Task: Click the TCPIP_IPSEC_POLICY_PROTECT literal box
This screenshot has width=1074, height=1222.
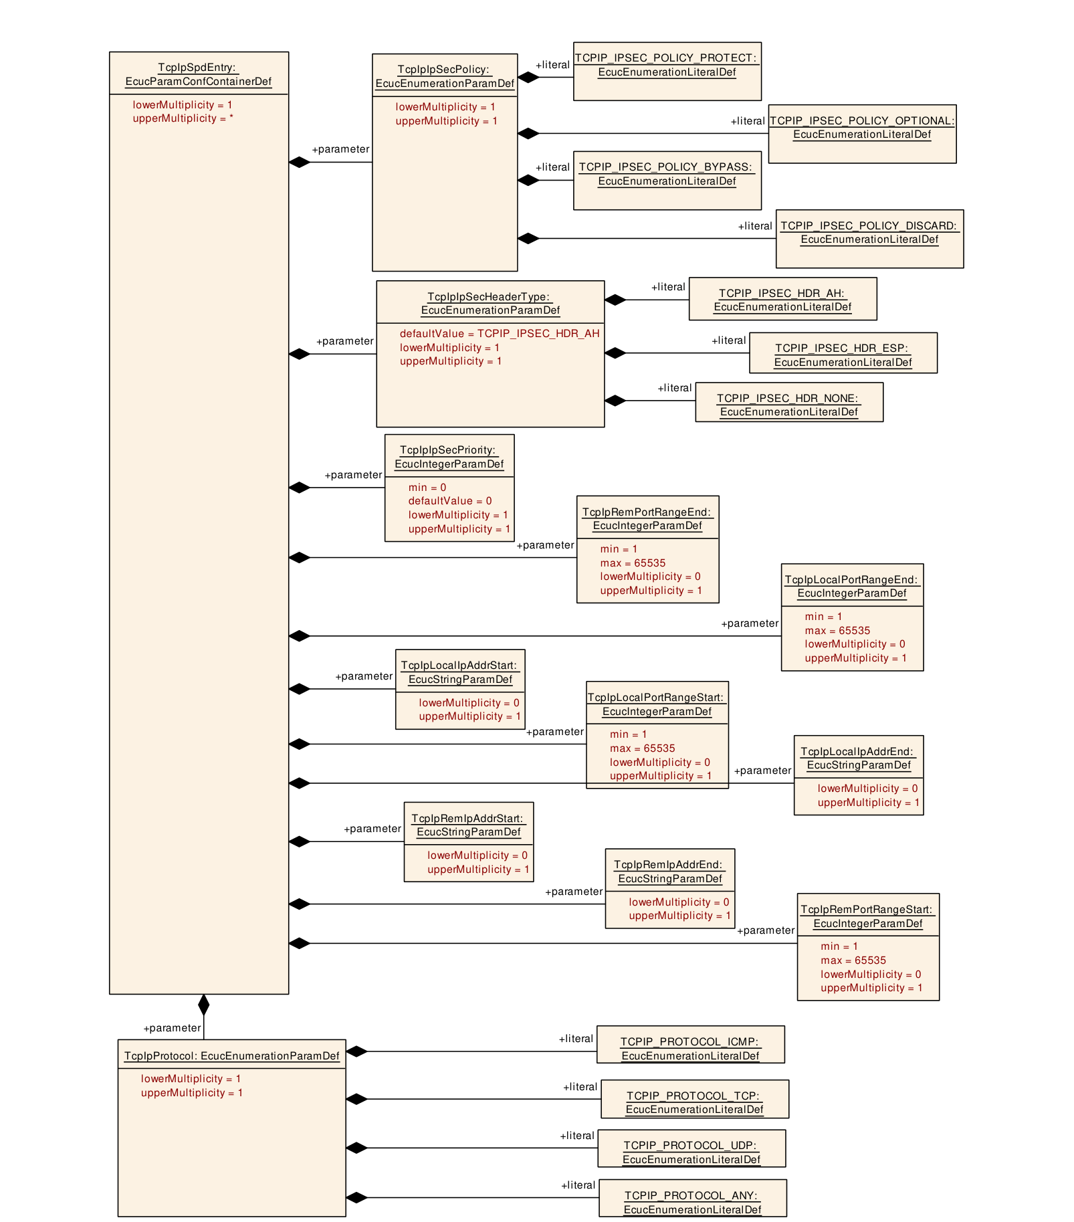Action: pyautogui.click(x=667, y=72)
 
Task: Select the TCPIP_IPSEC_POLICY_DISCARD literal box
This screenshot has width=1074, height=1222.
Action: pyautogui.click(x=869, y=239)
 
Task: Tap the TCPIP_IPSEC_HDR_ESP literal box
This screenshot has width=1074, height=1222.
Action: pyautogui.click(x=843, y=353)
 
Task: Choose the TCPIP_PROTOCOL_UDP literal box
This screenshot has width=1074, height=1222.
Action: pyautogui.click(x=691, y=1148)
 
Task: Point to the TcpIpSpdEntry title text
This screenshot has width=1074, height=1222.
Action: pyautogui.click(x=199, y=74)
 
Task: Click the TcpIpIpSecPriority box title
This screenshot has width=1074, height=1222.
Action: pyautogui.click(x=449, y=457)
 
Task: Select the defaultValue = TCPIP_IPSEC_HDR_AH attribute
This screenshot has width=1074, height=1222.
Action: pyautogui.click(x=500, y=334)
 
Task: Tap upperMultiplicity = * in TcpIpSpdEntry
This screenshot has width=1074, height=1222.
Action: pyautogui.click(x=183, y=118)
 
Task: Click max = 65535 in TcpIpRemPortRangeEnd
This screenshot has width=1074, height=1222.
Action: pyautogui.click(x=633, y=563)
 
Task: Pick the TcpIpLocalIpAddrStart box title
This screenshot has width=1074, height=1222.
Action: pyautogui.click(x=460, y=672)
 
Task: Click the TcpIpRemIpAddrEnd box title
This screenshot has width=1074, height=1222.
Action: pyautogui.click(x=669, y=872)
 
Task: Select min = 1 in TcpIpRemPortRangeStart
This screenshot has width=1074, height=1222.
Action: pyautogui.click(x=839, y=946)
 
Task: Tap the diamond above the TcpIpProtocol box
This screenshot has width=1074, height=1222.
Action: pyautogui.click(x=204, y=1005)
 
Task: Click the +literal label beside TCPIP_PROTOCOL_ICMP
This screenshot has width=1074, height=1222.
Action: pyautogui.click(x=576, y=1039)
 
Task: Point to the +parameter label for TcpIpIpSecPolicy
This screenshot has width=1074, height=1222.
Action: pyautogui.click(x=340, y=149)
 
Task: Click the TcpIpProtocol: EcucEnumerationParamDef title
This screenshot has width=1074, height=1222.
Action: pyautogui.click(x=232, y=1056)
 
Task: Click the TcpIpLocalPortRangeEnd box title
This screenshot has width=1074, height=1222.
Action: pyautogui.click(x=852, y=587)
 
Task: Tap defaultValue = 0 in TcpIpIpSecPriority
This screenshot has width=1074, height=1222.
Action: pyautogui.click(x=450, y=501)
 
